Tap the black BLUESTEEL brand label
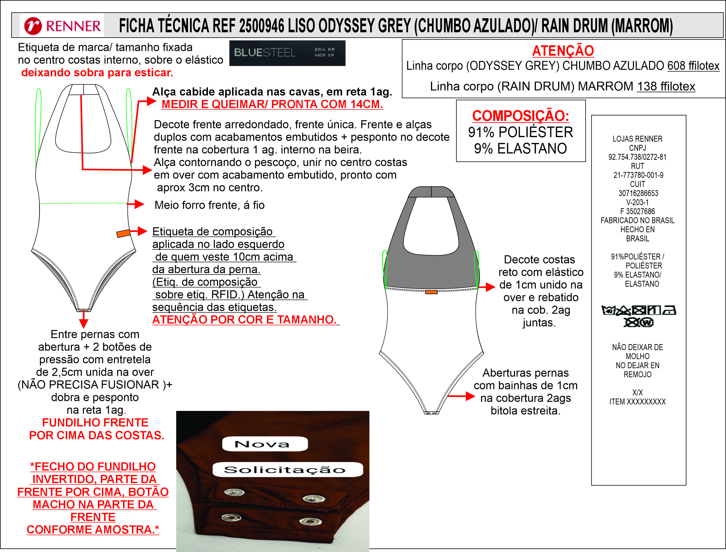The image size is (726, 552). [287, 53]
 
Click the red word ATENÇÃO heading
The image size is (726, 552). [563, 51]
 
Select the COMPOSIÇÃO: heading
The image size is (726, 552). [521, 116]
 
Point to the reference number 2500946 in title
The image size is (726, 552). [261, 26]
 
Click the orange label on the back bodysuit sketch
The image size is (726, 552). [431, 292]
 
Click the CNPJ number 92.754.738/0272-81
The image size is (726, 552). [637, 157]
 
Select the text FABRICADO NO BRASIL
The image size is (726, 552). [637, 220]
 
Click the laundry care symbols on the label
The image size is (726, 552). [639, 315]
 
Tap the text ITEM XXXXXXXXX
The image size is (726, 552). [637, 402]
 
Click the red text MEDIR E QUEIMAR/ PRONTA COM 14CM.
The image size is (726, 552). [272, 104]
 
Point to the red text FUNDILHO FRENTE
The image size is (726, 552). [95, 422]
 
